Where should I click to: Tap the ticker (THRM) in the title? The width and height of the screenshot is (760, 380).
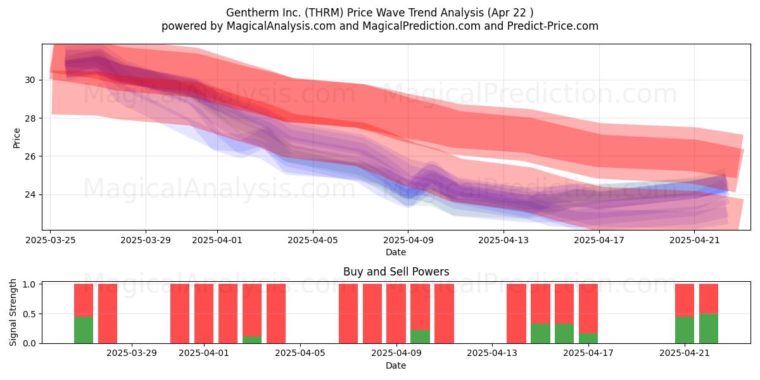click(x=324, y=13)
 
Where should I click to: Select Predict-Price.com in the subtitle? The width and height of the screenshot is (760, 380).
click(x=553, y=26)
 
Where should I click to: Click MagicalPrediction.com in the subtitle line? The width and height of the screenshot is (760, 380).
click(x=421, y=26)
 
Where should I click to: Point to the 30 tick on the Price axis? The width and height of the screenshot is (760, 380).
click(x=30, y=80)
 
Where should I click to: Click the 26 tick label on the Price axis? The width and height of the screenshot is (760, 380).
click(x=30, y=156)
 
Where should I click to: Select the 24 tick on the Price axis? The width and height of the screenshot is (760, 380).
click(x=30, y=195)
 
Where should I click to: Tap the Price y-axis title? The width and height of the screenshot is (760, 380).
click(x=16, y=138)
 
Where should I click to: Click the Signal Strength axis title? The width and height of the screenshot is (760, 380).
click(x=13, y=312)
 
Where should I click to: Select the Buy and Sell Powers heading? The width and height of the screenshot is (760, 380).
click(x=396, y=272)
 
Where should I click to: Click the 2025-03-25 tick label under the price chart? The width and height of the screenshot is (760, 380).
click(x=51, y=240)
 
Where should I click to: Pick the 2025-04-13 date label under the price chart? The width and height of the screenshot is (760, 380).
click(x=503, y=240)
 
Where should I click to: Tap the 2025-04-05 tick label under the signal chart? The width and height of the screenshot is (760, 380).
click(x=300, y=353)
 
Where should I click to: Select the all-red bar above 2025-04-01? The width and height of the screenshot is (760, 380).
click(x=204, y=313)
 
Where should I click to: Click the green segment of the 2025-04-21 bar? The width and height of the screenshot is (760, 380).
click(x=685, y=330)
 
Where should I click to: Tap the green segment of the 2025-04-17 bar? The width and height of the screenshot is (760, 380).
click(x=588, y=338)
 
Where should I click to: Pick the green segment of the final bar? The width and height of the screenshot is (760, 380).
click(x=709, y=329)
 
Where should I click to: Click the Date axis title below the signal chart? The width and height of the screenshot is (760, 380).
click(x=396, y=365)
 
